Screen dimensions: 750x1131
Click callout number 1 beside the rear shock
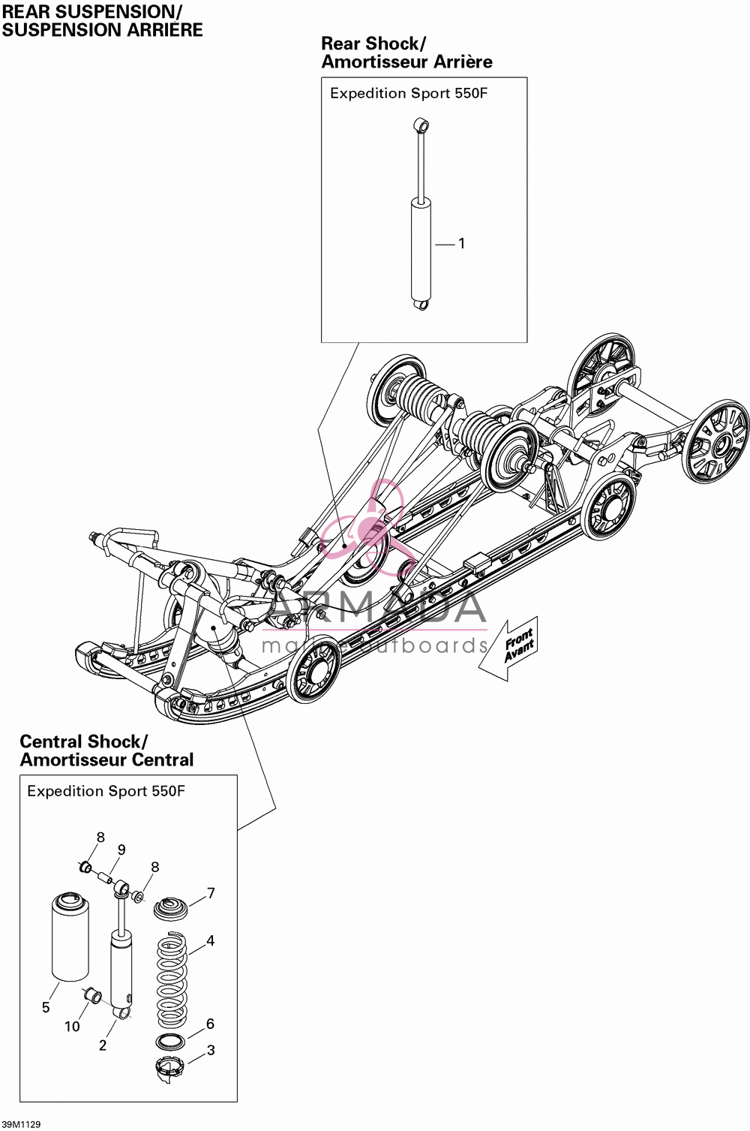point(461,244)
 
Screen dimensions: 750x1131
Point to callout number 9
point(121,850)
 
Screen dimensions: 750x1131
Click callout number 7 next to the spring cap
point(211,893)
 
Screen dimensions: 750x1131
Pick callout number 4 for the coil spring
point(211,940)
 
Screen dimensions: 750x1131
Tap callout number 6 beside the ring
point(211,1024)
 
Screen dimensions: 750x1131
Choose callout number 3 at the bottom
point(211,1050)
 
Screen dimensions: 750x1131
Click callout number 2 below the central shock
point(103,1045)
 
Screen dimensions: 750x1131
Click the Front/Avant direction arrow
point(508,648)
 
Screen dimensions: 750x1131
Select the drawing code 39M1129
point(21,1124)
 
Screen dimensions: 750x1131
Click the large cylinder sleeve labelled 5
point(70,937)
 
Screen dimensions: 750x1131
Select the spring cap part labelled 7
point(170,907)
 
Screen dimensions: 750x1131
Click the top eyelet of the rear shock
point(421,125)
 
